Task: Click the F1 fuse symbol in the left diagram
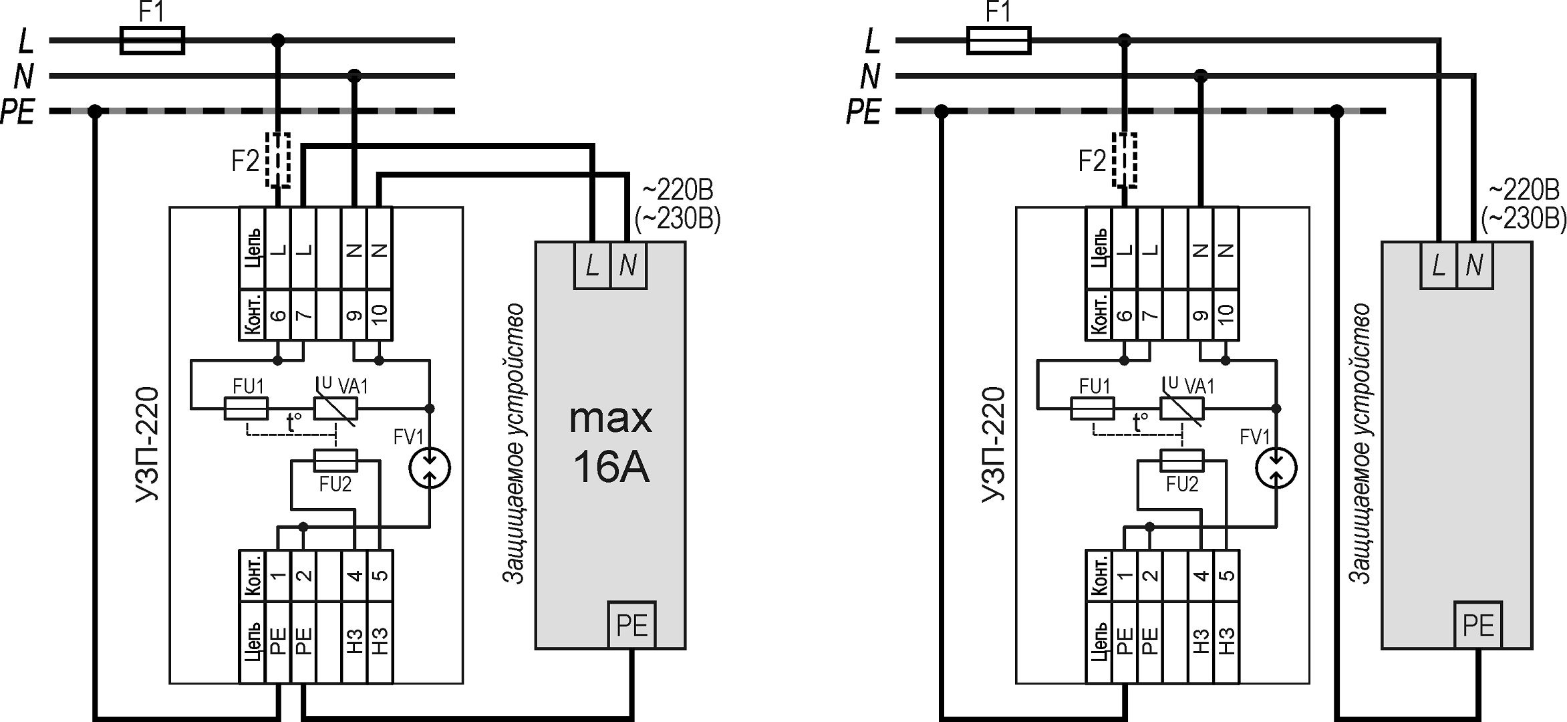tap(152, 40)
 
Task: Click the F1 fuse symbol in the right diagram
tap(998, 40)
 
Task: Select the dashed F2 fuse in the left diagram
tap(278, 160)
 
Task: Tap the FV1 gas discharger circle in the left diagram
tap(430, 468)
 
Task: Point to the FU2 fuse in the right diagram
tap(1181, 461)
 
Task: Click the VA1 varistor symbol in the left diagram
tap(335, 408)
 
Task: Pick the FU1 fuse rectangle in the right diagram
tap(1092, 408)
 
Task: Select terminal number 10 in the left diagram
tap(380, 314)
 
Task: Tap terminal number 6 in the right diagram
tap(1124, 314)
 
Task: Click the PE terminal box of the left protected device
tap(631, 625)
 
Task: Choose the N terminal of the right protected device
tap(1474, 266)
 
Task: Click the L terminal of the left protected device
tap(592, 266)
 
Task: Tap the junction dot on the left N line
tap(355, 76)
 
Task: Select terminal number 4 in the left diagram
tap(354, 575)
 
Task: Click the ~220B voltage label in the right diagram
tap(1524, 190)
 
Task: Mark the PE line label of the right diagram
tap(863, 112)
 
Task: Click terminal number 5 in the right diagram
tap(1226, 575)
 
